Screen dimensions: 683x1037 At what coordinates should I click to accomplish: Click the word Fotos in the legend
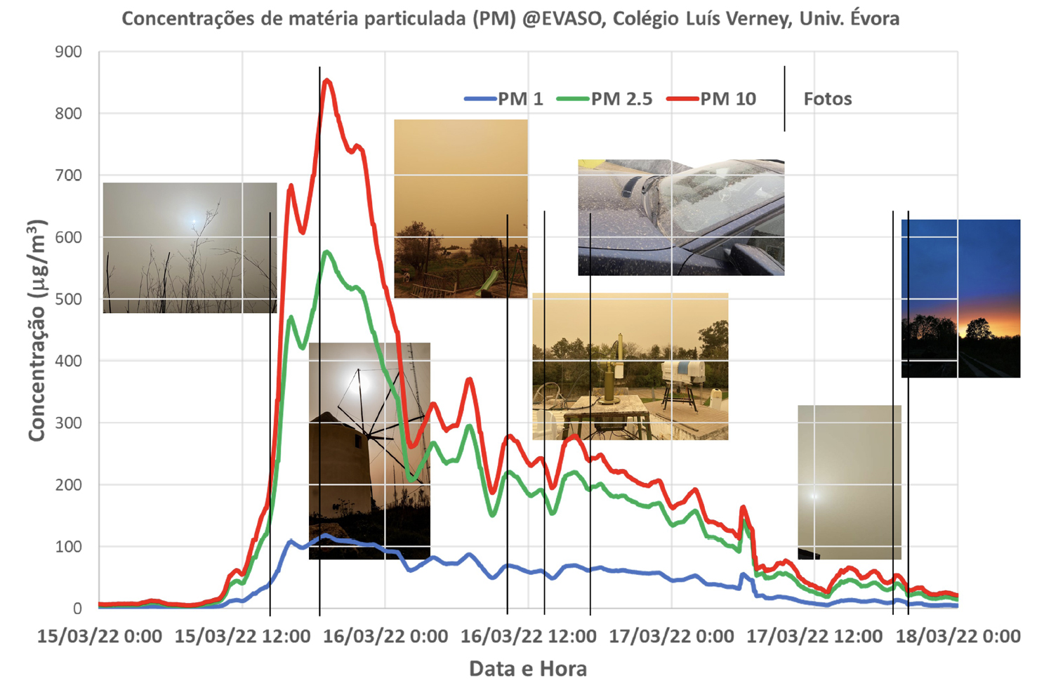click(827, 99)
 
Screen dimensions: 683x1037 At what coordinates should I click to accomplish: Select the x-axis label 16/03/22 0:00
click(385, 637)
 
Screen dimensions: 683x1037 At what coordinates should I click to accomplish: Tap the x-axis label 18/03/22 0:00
click(958, 637)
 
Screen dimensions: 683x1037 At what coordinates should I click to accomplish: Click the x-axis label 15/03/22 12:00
click(242, 637)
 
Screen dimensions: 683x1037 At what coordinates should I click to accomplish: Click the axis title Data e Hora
click(527, 669)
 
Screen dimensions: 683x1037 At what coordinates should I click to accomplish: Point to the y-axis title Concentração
click(37, 330)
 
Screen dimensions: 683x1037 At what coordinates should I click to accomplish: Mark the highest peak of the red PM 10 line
click(326, 81)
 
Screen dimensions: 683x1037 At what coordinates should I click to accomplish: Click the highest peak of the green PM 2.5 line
click(326, 252)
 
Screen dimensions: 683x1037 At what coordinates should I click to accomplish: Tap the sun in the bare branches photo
click(194, 223)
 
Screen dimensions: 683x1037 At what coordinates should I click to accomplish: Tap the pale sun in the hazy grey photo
click(814, 496)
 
